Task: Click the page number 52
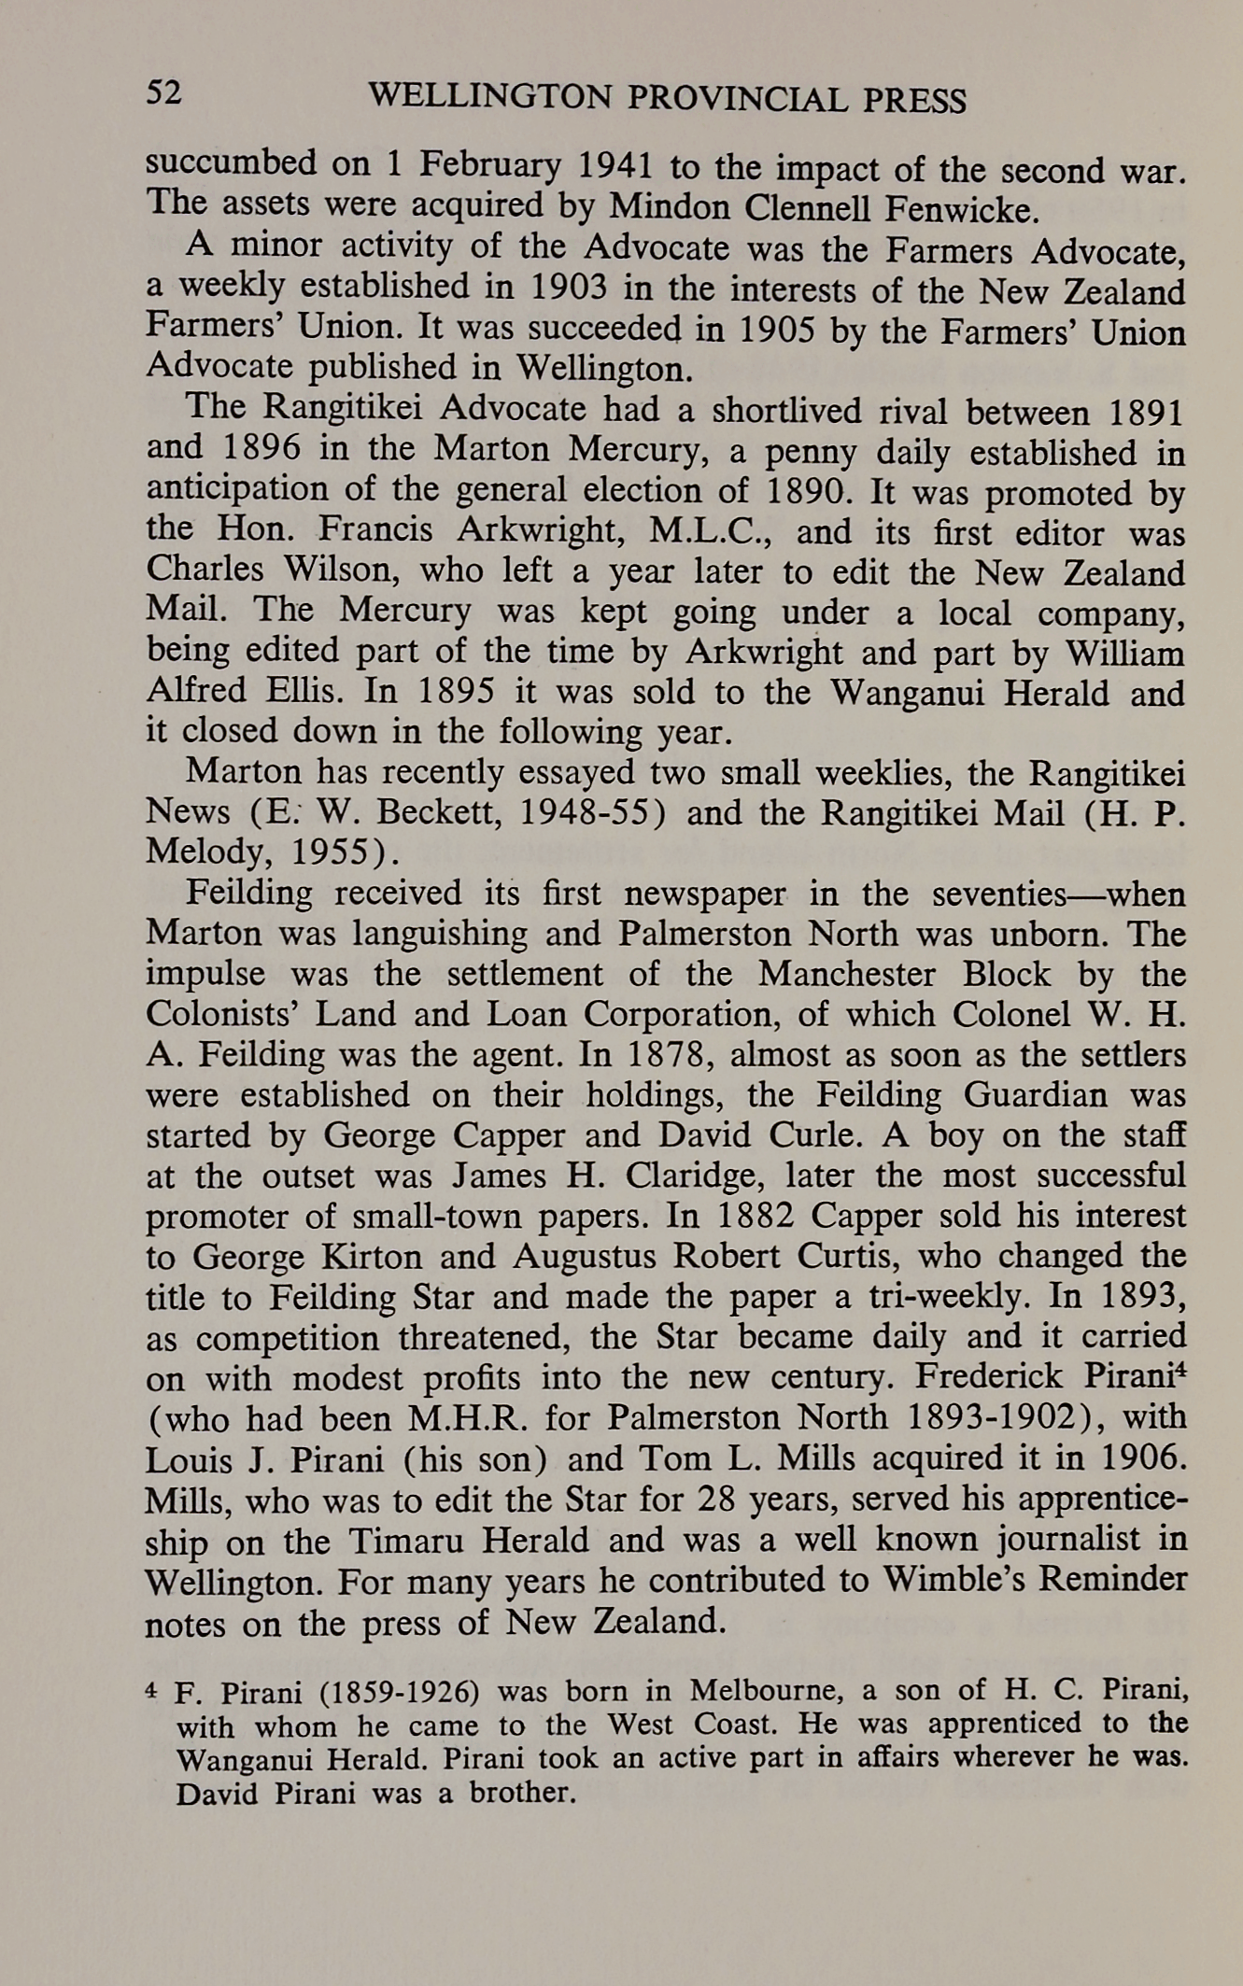point(164,93)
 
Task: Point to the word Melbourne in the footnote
point(768,1691)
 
